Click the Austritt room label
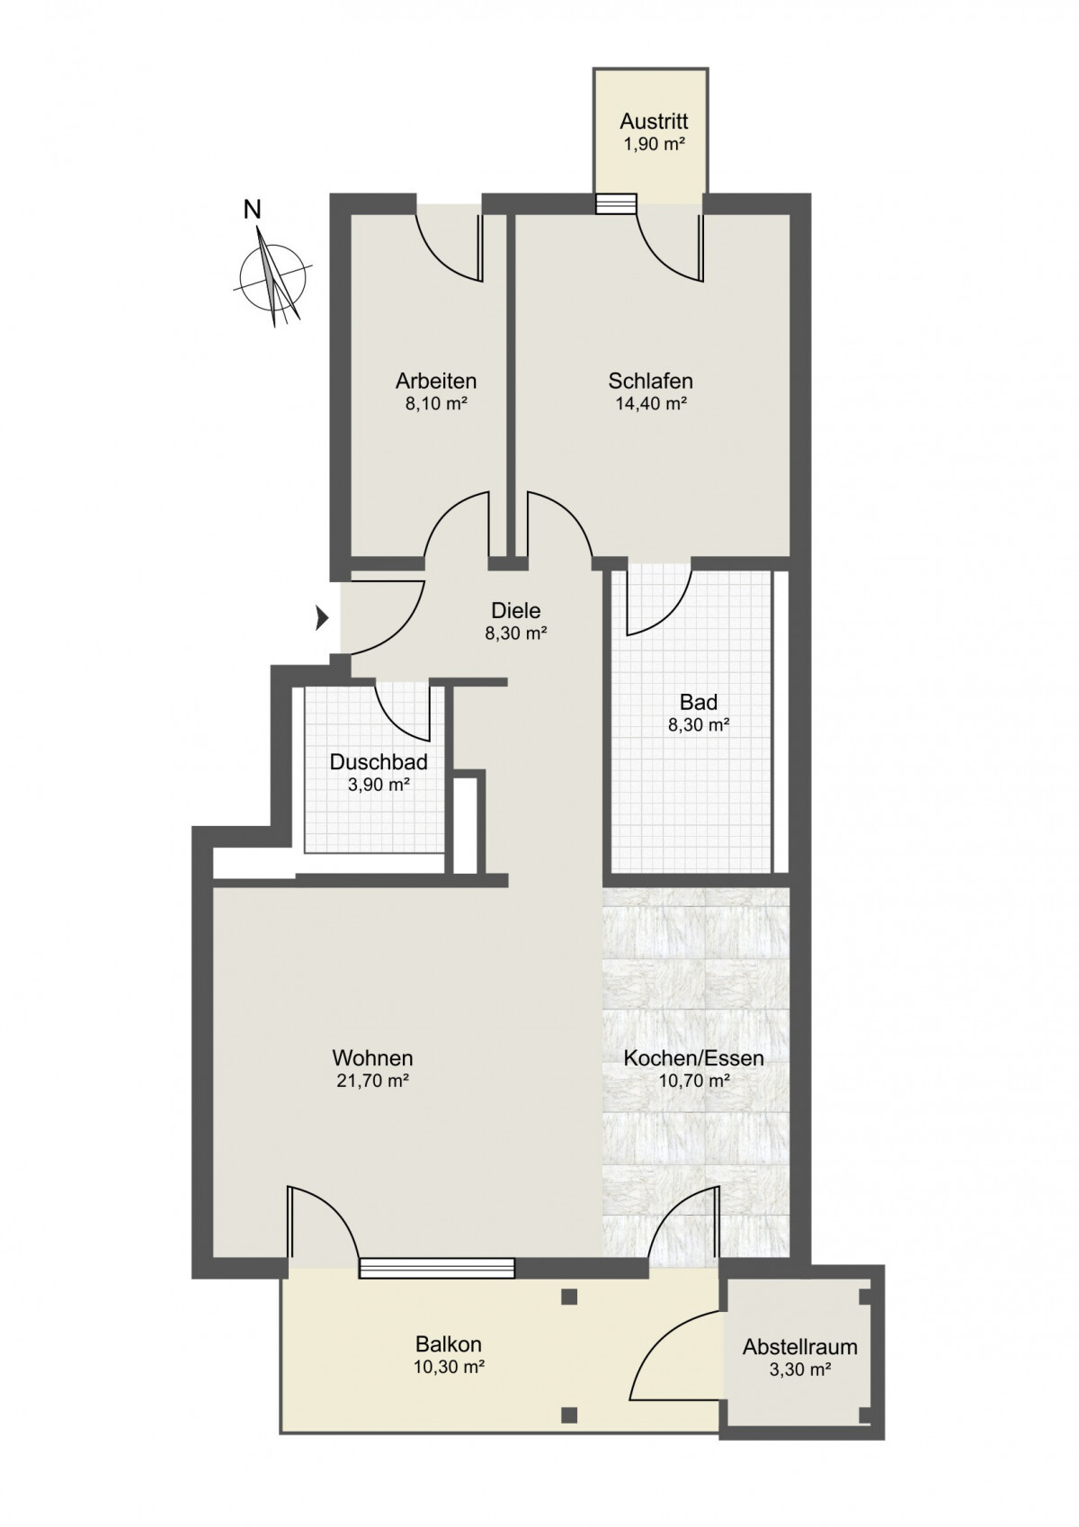(654, 122)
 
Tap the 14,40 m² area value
(650, 403)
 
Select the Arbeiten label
(436, 381)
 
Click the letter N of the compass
(253, 210)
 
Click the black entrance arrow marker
(322, 619)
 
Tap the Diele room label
(515, 609)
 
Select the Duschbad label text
(379, 762)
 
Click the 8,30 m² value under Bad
(699, 725)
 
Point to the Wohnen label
(372, 1059)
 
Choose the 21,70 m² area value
(372, 1082)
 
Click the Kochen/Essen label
(693, 1059)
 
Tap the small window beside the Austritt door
(616, 204)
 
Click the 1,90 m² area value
(654, 145)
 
